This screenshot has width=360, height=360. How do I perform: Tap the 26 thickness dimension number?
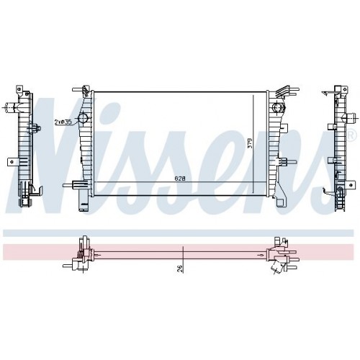(180, 268)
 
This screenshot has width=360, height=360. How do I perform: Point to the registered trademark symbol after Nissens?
(351, 135)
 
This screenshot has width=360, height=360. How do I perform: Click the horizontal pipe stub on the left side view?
(10, 107)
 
